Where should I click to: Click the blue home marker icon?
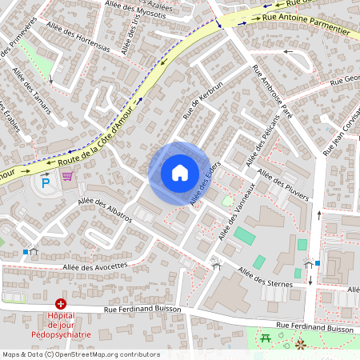pyautogui.click(x=180, y=172)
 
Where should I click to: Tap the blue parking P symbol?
pyautogui.click(x=46, y=183)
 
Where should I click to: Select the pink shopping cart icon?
pyautogui.click(x=67, y=176)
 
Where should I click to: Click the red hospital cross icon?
pyautogui.click(x=61, y=304)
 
